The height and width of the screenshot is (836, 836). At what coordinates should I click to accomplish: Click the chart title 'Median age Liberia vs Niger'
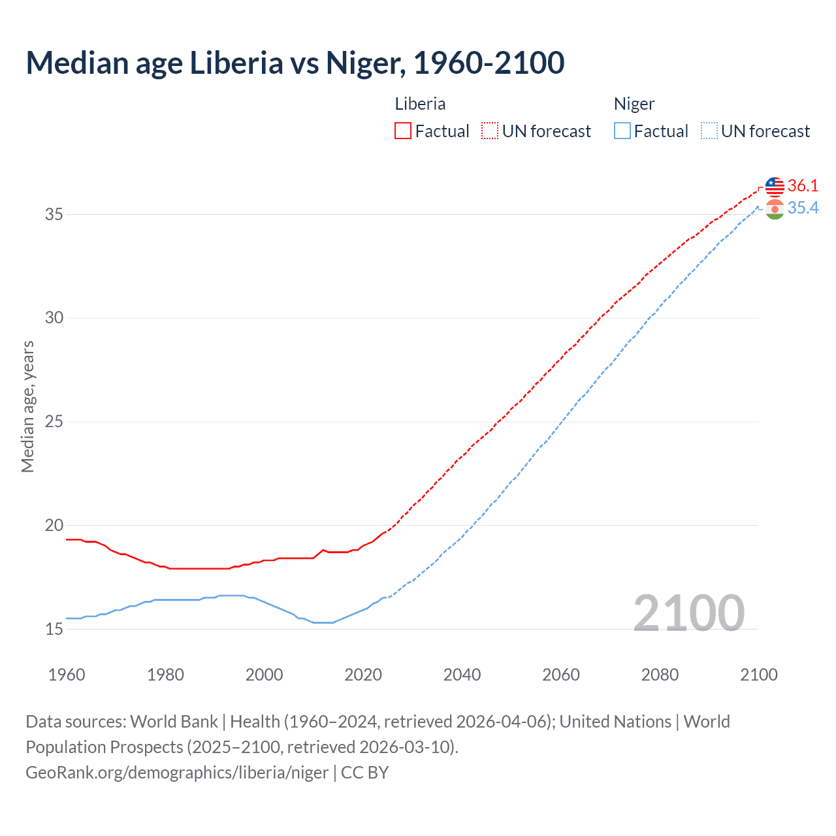pyautogui.click(x=295, y=63)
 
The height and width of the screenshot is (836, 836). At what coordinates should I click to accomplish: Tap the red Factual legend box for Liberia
pyautogui.click(x=403, y=131)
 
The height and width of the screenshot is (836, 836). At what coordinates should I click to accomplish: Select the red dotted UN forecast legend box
pyautogui.click(x=490, y=131)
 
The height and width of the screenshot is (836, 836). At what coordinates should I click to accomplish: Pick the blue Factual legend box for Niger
pyautogui.click(x=622, y=131)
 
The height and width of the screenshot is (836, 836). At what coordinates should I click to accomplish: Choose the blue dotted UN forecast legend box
pyautogui.click(x=709, y=131)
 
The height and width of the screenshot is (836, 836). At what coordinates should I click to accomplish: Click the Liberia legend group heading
pyautogui.click(x=420, y=104)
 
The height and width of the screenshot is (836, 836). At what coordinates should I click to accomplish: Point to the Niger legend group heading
pyautogui.click(x=634, y=104)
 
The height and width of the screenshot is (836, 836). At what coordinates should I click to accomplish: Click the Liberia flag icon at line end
pyautogui.click(x=775, y=187)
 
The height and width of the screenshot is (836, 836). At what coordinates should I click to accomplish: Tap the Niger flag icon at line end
pyautogui.click(x=775, y=209)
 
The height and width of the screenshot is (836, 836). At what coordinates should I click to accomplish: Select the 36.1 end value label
pyautogui.click(x=803, y=186)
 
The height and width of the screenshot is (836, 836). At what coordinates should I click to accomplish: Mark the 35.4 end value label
pyautogui.click(x=803, y=208)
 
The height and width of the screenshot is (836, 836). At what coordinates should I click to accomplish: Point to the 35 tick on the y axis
pyautogui.click(x=54, y=214)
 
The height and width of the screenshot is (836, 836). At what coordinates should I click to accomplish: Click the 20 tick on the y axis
pyautogui.click(x=54, y=525)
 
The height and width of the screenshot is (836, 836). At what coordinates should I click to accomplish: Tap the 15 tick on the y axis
pyautogui.click(x=54, y=629)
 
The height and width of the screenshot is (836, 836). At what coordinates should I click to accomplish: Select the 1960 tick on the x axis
pyautogui.click(x=67, y=675)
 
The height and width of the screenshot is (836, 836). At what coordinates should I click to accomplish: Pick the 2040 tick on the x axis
pyautogui.click(x=462, y=675)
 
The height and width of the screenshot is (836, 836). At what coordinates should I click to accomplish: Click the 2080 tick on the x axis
pyautogui.click(x=660, y=675)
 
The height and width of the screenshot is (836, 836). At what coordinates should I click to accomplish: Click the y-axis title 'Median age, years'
pyautogui.click(x=27, y=406)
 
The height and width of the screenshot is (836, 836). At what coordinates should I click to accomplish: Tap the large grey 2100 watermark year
pyautogui.click(x=688, y=613)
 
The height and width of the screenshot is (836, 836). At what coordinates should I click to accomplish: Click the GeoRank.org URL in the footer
pyautogui.click(x=177, y=773)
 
